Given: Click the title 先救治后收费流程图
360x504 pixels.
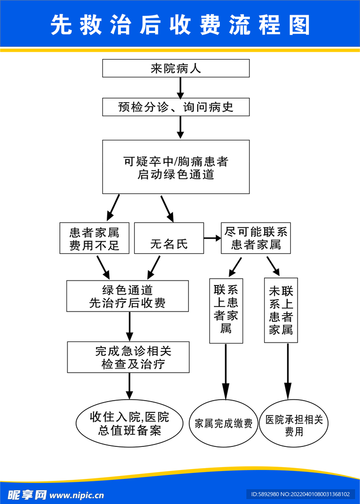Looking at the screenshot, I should tap(180, 25).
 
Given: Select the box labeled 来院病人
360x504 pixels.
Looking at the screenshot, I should tap(176, 68).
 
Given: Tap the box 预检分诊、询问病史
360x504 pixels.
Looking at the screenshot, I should tap(176, 107).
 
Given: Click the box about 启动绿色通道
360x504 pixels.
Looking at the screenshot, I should tap(176, 167).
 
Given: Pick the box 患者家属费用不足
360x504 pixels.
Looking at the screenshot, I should tap(94, 238).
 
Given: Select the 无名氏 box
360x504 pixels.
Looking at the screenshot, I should tap(169, 238).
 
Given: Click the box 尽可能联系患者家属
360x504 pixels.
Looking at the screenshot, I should tap(256, 238).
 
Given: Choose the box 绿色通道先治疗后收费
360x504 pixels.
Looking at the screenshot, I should tap(127, 296).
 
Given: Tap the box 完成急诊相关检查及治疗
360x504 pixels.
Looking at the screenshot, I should tap(128, 357).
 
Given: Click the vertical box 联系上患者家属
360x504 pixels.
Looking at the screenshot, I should tap(226, 311).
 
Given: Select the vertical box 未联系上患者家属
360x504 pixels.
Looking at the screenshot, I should tap(281, 311).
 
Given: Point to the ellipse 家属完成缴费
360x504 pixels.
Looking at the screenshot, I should tap(223, 423).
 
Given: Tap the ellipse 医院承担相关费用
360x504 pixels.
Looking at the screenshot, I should tap(294, 423).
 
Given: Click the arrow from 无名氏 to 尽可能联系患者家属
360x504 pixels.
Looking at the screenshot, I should tap(212, 238).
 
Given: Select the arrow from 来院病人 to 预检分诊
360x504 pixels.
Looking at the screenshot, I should tap(180, 88).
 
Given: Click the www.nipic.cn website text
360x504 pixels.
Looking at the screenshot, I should tap(77, 495).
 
